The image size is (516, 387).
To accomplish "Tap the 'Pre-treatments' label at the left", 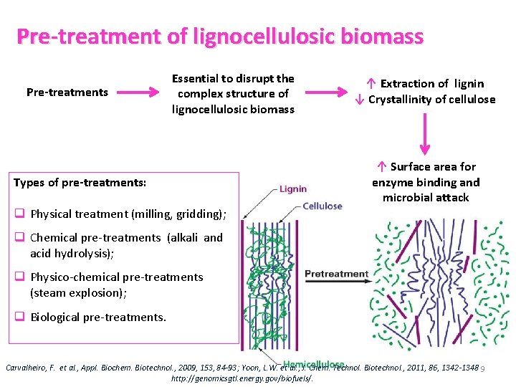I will point(67,92).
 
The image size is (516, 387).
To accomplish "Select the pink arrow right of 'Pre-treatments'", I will point(138,92).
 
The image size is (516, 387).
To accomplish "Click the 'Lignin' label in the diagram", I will point(292,189).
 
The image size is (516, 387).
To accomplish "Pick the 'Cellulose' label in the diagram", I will point(322,206).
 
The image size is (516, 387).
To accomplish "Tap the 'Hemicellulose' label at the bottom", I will point(314,364).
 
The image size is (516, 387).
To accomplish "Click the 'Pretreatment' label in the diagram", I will point(336,274).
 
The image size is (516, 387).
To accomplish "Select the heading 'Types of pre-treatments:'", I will point(80,183).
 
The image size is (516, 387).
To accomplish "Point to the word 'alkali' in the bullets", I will point(183,237).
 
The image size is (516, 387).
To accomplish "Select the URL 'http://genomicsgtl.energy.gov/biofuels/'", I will point(243,378).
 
